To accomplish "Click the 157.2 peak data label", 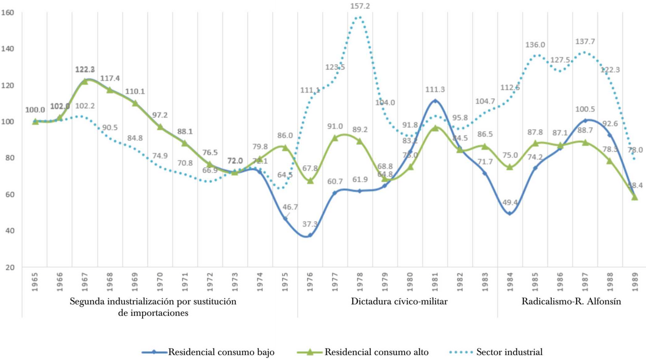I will (x=360, y=6).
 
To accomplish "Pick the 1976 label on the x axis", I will (x=311, y=281).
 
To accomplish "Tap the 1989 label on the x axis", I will (x=635, y=281).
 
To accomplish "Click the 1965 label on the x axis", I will (x=35, y=281).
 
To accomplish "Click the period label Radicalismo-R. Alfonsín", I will (x=572, y=302).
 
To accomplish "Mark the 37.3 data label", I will (x=311, y=224).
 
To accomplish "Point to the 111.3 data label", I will (x=436, y=89).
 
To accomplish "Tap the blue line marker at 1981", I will (x=436, y=101).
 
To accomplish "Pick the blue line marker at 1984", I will (x=510, y=214).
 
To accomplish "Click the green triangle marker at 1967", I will (x=85, y=81).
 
